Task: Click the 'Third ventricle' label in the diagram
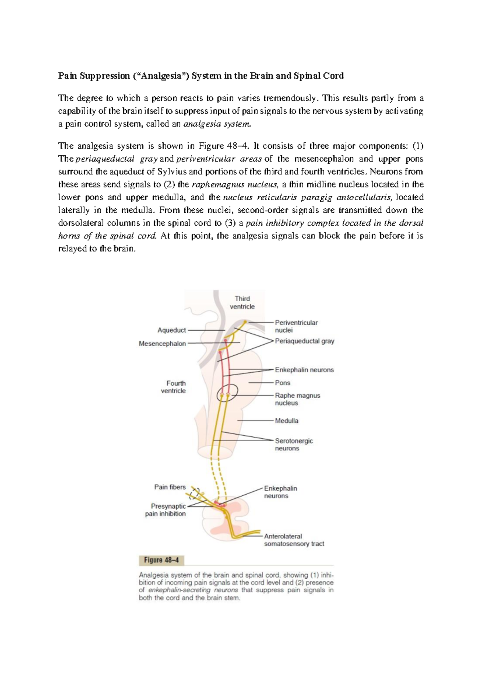coord(242,302)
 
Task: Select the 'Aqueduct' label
coord(172,330)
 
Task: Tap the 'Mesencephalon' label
coord(162,344)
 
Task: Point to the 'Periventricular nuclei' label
coord(296,326)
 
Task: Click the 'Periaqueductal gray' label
coord(304,341)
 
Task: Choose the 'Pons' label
coord(282,383)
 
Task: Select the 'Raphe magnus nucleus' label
coord(297,399)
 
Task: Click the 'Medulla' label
coord(286,421)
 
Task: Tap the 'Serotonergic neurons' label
coord(294,444)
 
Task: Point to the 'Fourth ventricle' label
coord(176,387)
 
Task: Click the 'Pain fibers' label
coord(170,487)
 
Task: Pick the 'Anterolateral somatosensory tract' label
coord(294,540)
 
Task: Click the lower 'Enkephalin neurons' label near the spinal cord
coord(280,492)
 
